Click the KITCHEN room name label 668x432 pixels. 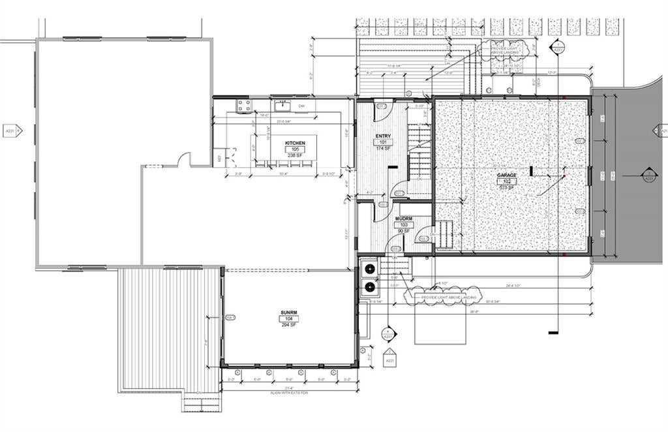coord(295,143)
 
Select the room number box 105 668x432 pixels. coord(295,149)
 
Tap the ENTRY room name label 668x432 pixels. coord(383,136)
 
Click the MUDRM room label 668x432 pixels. coord(404,219)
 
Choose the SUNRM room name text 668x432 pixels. coord(289,313)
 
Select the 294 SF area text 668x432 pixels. coord(289,324)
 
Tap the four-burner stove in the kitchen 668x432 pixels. coord(243,104)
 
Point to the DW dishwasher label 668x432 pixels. coord(301,106)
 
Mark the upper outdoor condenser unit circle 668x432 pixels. coord(370,269)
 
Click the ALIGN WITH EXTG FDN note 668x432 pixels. coord(289,393)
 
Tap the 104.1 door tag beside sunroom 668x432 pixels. coord(229,318)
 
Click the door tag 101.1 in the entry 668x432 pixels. coord(381,106)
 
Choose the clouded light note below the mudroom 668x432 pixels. coord(448,298)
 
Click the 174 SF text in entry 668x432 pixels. coord(383,148)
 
